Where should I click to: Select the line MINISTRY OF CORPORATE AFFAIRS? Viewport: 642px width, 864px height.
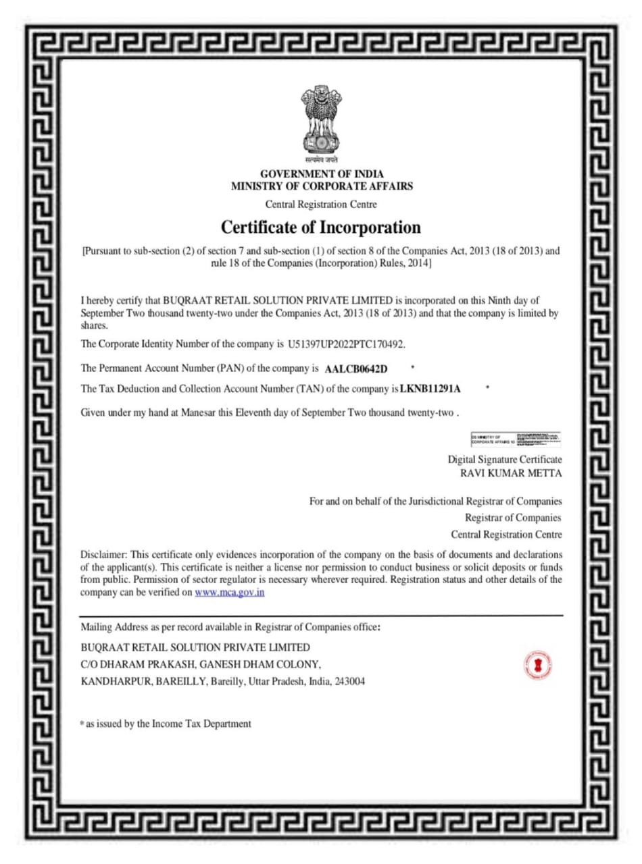tap(321, 186)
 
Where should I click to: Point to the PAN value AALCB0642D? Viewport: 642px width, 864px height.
tap(356, 369)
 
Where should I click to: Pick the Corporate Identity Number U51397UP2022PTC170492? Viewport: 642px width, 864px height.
tap(346, 344)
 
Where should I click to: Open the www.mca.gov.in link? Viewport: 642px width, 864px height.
tap(229, 592)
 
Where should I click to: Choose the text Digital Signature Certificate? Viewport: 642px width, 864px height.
tap(505, 460)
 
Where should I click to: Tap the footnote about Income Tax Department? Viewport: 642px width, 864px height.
tap(166, 724)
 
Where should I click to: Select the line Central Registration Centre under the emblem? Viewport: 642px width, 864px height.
tap(321, 203)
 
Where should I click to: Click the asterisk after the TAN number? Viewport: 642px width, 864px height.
tap(487, 389)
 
